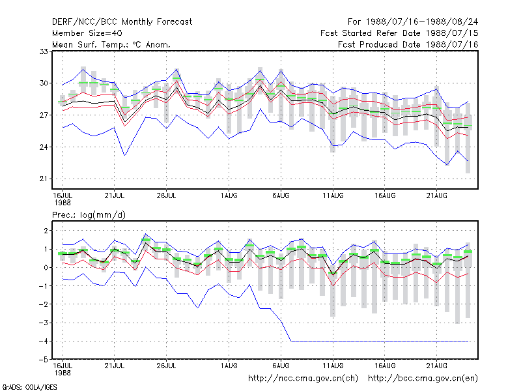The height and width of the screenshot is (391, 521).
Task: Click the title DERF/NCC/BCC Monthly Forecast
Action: [122, 22]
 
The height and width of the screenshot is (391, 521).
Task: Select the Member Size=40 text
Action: [87, 33]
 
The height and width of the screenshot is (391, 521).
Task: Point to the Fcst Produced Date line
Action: [408, 44]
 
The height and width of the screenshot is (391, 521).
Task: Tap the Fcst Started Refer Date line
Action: [399, 33]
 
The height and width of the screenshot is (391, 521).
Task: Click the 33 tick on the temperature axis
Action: [44, 51]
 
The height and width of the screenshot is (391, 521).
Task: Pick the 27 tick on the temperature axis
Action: [44, 115]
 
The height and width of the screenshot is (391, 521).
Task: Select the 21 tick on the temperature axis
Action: [44, 179]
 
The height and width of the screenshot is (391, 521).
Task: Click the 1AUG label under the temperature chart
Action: [229, 195]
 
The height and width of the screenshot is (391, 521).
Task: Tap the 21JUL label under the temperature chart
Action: [115, 195]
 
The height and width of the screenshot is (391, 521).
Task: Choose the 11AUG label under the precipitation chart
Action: [333, 366]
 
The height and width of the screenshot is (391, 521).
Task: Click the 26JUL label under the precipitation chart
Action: [166, 366]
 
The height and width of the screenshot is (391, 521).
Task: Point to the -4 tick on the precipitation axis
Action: [44, 341]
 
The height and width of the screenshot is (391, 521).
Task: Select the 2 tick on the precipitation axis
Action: [46, 231]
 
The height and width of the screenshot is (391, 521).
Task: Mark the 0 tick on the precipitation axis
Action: [46, 268]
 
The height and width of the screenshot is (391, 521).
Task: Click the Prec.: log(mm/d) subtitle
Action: [89, 215]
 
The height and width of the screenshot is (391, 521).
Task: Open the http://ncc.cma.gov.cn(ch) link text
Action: [303, 379]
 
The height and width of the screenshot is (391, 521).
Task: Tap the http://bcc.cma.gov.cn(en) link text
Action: [423, 379]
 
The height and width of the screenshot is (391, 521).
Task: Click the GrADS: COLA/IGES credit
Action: [29, 387]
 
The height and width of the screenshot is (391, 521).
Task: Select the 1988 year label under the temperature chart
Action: [63, 203]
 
